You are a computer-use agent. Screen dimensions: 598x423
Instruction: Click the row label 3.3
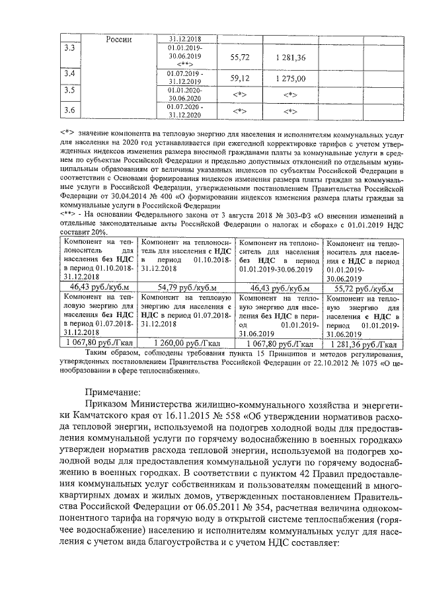click(69, 49)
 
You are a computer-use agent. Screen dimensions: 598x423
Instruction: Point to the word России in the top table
click(120, 39)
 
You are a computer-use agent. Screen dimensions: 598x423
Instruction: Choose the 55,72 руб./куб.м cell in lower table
click(363, 288)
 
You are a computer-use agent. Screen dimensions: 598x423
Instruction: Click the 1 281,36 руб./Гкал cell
click(363, 344)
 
